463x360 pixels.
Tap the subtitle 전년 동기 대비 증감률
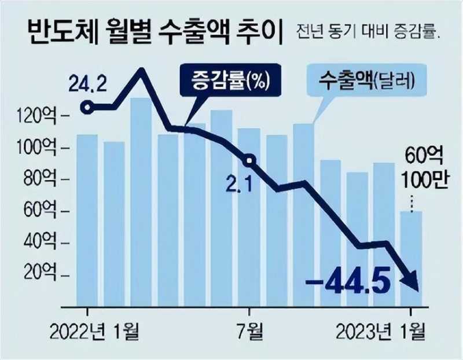click(368, 34)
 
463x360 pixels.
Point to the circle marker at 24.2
click(87, 108)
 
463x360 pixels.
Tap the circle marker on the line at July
click(249, 160)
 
